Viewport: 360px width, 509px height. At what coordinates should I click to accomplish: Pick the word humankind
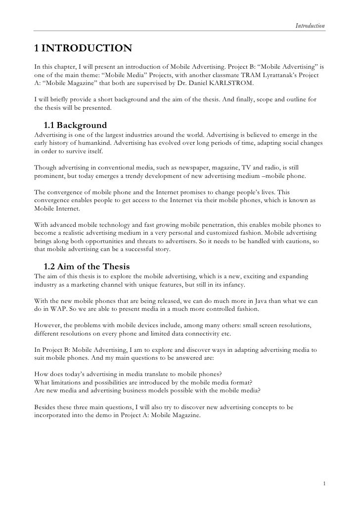(x=96, y=144)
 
